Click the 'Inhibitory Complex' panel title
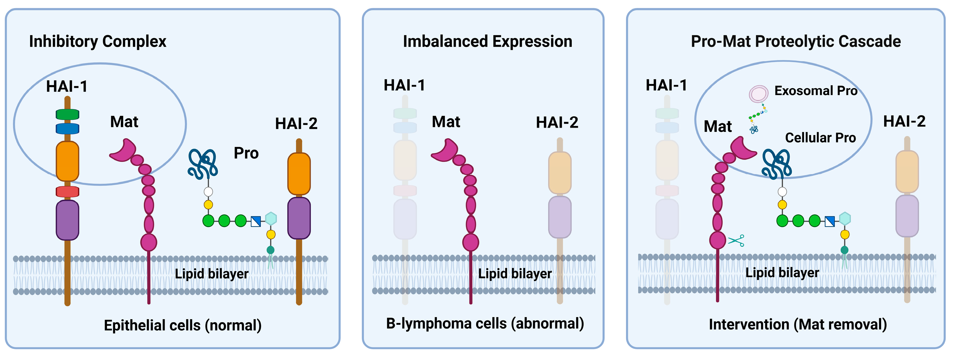[97, 41]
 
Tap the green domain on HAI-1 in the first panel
[67, 115]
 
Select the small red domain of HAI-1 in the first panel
[67, 192]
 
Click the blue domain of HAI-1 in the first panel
[67, 128]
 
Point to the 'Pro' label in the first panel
[246, 153]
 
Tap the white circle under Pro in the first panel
[208, 192]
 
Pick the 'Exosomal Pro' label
[816, 91]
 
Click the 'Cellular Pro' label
[820, 138]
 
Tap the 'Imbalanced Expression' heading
[487, 41]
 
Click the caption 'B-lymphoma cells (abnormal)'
[485, 323]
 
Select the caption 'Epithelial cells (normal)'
[182, 325]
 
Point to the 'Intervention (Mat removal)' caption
[798, 324]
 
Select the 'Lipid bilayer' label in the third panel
[782, 272]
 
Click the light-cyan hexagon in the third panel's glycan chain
[845, 219]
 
